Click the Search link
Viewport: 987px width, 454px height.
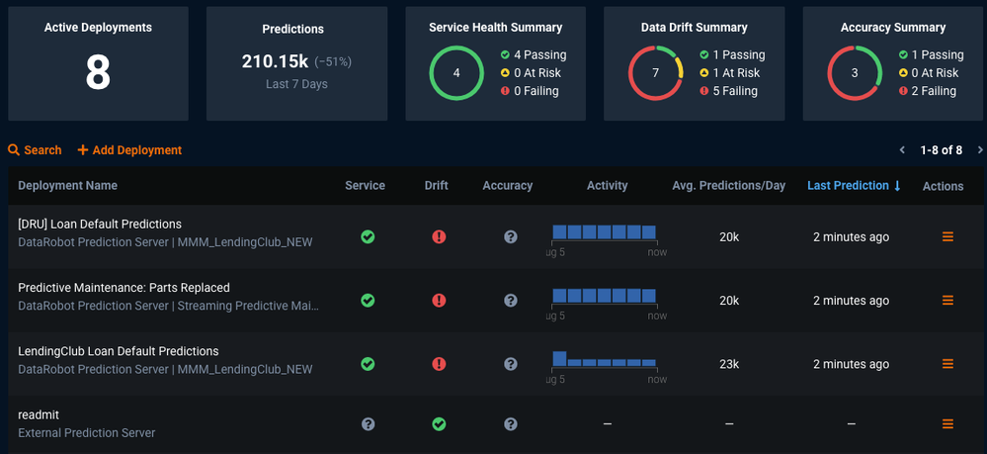[35, 150]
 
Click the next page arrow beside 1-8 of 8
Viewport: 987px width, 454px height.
[979, 150]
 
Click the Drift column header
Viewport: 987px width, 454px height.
[436, 186]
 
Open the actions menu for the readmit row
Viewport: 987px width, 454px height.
[947, 424]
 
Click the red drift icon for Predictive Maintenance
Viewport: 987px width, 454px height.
[439, 301]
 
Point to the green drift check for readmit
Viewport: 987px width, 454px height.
[439, 424]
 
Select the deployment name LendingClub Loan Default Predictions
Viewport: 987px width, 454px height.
[119, 351]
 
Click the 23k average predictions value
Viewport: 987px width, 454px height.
[729, 364]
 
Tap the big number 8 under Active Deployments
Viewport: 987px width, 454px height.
[98, 73]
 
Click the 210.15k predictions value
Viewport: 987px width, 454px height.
[275, 62]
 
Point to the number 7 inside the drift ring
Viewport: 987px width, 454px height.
[655, 73]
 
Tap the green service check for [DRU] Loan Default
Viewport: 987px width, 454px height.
[368, 237]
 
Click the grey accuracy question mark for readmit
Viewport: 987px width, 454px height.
[510, 424]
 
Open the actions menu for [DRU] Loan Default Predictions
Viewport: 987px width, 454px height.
[947, 237]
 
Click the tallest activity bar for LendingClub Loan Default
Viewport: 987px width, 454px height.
[559, 358]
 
